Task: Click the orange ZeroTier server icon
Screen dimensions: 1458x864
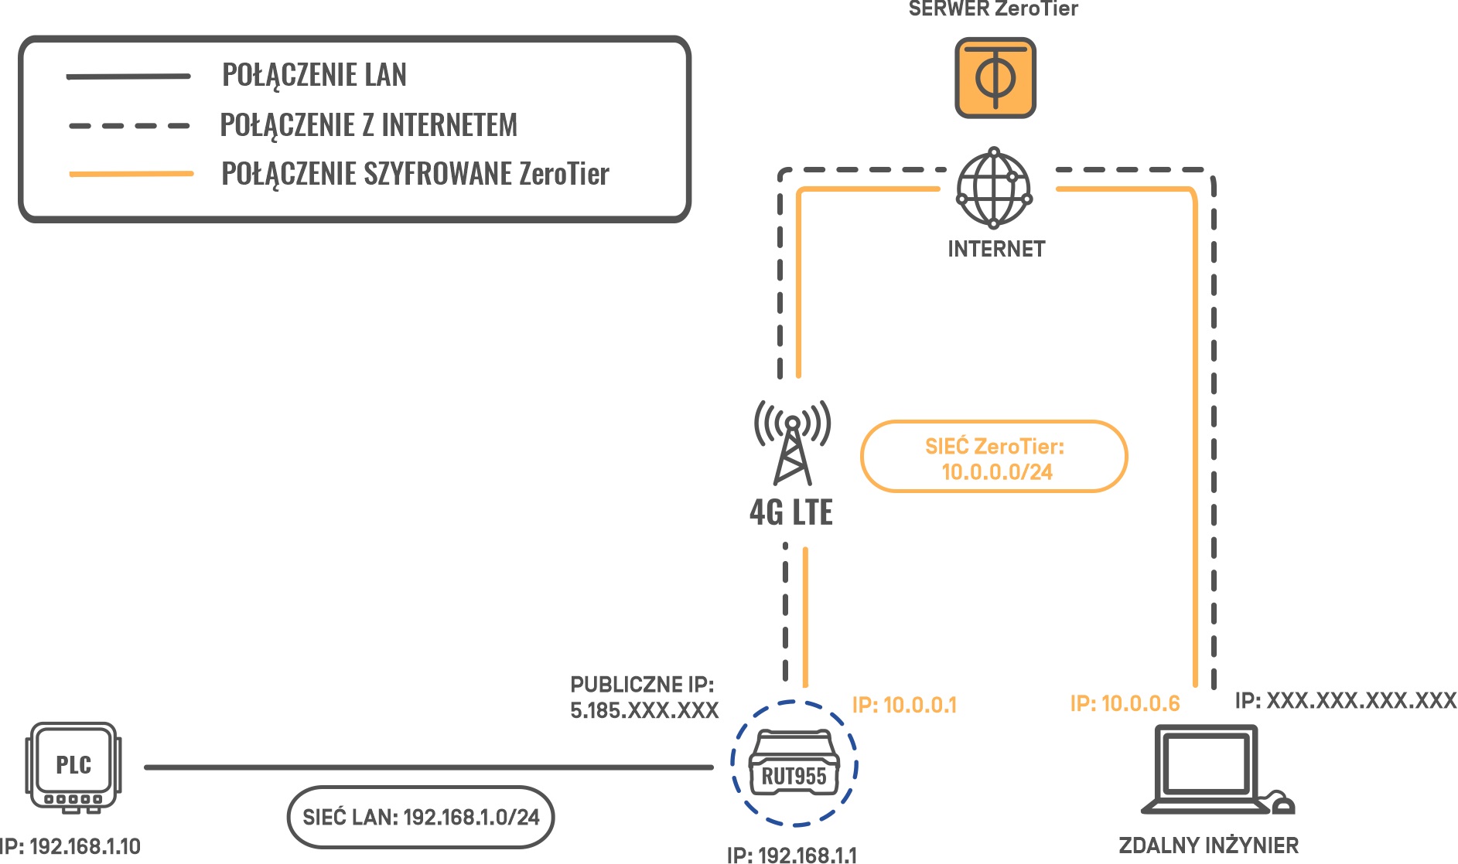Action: [x=995, y=78]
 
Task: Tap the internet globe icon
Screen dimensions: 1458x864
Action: [x=994, y=188]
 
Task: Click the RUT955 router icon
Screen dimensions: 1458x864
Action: [x=794, y=763]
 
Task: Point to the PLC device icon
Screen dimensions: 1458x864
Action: [x=73, y=768]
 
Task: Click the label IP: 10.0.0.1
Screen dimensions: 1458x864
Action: [x=904, y=705]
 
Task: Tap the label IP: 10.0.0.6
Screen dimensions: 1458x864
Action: [x=1125, y=703]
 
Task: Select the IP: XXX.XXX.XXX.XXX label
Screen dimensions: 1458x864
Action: [x=1346, y=701]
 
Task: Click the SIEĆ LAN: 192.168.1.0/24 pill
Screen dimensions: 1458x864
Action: [x=421, y=817]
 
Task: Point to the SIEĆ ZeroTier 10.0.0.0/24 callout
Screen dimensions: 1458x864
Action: [x=994, y=457]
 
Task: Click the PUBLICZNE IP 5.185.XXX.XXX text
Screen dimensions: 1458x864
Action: [x=644, y=697]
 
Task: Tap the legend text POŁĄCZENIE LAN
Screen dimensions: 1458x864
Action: [x=314, y=76]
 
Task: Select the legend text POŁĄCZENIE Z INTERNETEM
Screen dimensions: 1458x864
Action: [x=369, y=125]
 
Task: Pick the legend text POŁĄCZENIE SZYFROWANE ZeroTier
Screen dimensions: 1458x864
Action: [x=415, y=174]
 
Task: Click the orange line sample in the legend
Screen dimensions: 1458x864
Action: [x=131, y=174]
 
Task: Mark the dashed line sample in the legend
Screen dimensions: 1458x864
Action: [x=129, y=125]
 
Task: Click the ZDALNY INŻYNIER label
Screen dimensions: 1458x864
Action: [x=1209, y=845]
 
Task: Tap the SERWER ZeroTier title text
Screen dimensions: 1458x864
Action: [x=993, y=9]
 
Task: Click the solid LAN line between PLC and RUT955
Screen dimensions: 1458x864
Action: [x=429, y=767]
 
